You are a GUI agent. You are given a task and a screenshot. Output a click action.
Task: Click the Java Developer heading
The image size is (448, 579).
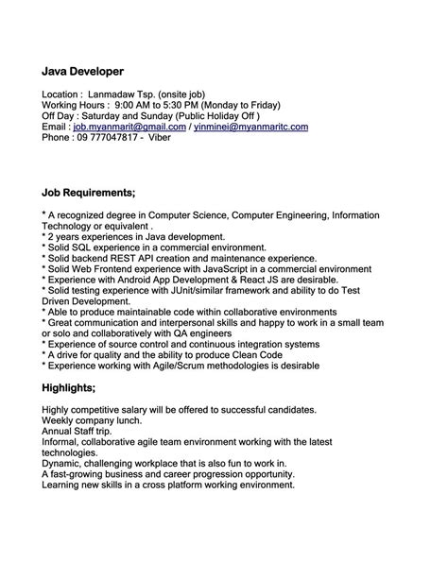pos(95,71)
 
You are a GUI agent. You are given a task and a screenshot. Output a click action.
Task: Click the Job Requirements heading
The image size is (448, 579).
pos(89,193)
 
